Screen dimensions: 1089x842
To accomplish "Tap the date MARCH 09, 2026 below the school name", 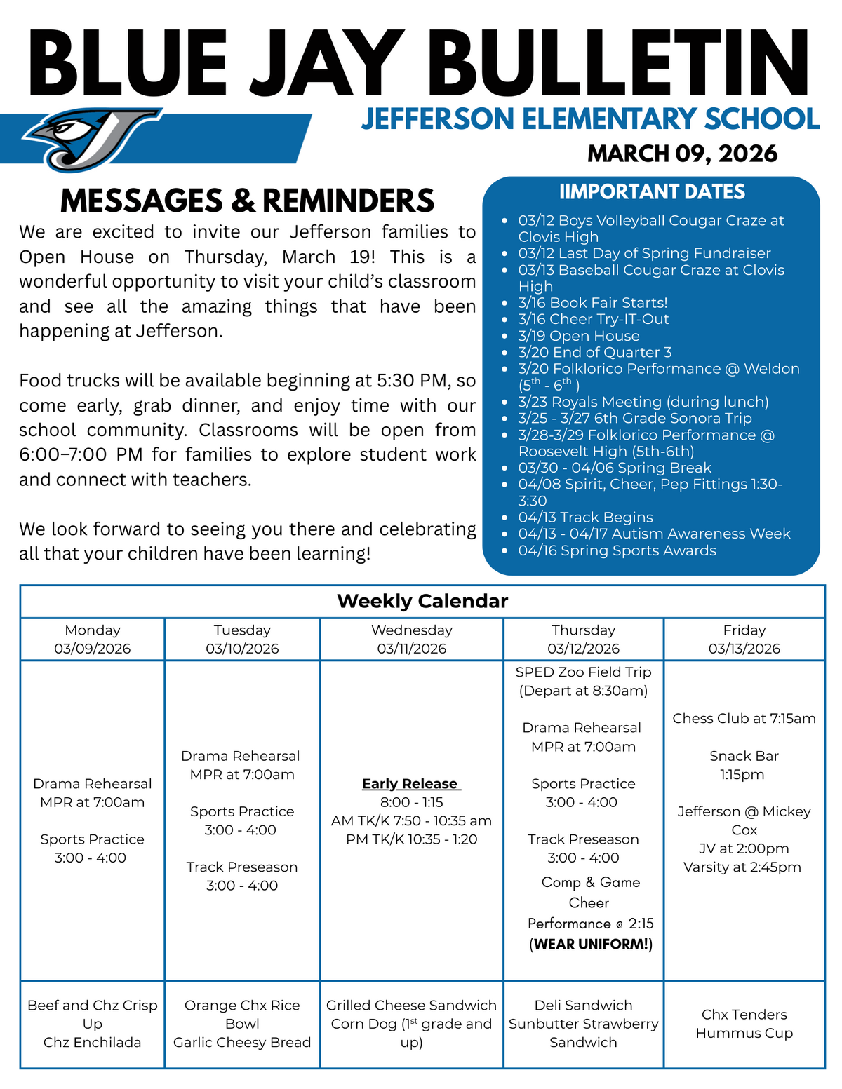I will coord(682,153).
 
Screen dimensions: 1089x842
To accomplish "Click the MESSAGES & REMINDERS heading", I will coord(247,201).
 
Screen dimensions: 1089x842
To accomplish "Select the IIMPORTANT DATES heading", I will coord(652,191).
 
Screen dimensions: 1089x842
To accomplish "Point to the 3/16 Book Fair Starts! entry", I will coord(593,303).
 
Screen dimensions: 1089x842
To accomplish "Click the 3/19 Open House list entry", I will coord(579,336).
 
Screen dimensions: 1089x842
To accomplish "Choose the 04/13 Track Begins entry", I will coord(585,518).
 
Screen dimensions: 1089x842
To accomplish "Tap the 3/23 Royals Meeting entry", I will coord(643,402).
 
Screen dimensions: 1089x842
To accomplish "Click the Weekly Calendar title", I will coord(422,601).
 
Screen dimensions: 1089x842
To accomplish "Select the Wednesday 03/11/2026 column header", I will coord(412,639).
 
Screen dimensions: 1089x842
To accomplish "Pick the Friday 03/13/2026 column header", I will coord(744,639).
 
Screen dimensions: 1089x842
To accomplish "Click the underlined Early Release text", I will coord(410,784).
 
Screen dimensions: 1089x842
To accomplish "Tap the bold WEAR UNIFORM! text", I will coord(591,944).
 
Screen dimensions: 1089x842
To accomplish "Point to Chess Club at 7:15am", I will coord(744,718).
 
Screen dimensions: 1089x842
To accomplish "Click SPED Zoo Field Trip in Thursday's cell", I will coord(583,672).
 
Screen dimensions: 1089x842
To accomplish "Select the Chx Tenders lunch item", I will coord(744,1015).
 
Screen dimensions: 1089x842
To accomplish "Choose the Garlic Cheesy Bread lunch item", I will coord(242,1043).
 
